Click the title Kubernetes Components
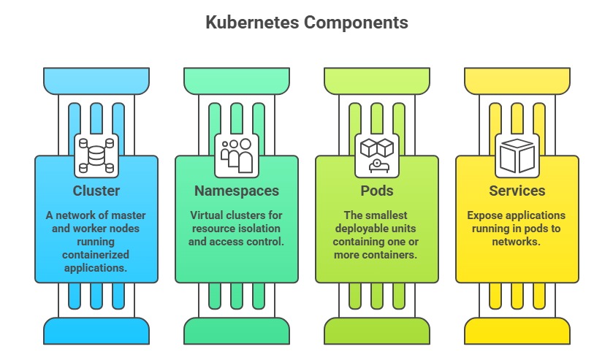(x=305, y=23)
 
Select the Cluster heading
(x=96, y=191)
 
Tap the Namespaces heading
(x=237, y=191)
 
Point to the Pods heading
(x=377, y=191)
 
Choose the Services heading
(x=517, y=191)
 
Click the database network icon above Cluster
(x=96, y=155)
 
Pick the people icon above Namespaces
(x=237, y=155)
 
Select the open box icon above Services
(x=517, y=155)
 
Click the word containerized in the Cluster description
(x=96, y=255)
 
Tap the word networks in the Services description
(x=517, y=242)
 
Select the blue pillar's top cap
(x=96, y=79)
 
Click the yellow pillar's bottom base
(x=517, y=331)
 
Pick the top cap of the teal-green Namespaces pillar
(x=237, y=79)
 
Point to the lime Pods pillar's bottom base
(x=377, y=331)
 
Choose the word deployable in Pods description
(x=362, y=229)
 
